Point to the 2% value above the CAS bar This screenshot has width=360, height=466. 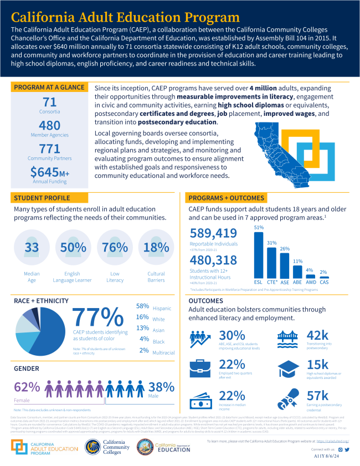pos(323,272)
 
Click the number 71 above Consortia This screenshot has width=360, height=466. pos(50,101)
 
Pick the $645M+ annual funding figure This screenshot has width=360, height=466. pos(50,173)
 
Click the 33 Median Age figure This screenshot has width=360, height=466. pos(31,246)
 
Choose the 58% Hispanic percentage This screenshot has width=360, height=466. pos(142,306)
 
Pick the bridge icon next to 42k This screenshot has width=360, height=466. pos(287,338)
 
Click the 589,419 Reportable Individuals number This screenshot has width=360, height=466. pos(214,234)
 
